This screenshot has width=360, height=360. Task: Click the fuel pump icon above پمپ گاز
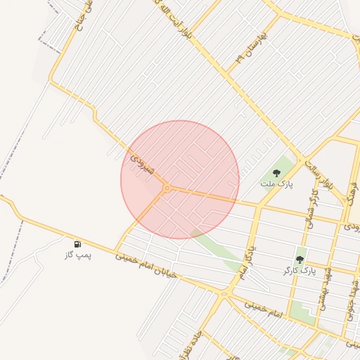(77, 244)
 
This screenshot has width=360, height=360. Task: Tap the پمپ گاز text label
(79, 255)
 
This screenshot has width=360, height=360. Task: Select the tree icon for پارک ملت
(276, 172)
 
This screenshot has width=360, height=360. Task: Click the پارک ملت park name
(276, 184)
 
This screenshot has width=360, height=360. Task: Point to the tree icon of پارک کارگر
(300, 259)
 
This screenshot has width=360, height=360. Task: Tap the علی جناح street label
(81, 15)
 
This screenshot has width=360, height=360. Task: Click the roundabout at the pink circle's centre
(167, 188)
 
